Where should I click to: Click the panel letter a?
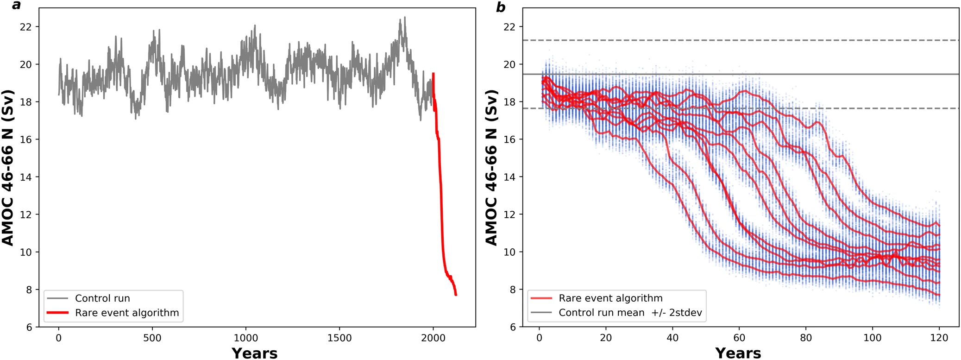(17, 6)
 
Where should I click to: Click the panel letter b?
(501, 7)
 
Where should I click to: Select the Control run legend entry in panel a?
(102, 298)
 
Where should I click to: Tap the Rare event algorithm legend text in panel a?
(127, 313)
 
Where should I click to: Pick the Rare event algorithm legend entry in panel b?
(610, 298)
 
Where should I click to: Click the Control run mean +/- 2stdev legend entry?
(630, 312)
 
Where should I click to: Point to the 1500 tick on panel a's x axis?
(339, 338)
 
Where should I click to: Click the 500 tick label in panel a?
(152, 338)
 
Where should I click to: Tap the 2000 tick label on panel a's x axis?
(433, 338)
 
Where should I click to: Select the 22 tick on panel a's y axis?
(26, 27)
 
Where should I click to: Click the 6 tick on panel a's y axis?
(29, 327)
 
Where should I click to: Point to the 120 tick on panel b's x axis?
(939, 338)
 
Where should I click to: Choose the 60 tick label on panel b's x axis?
(739, 338)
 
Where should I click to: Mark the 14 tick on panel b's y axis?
(509, 177)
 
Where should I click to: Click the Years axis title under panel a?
(254, 353)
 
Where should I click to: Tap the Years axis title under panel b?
(738, 353)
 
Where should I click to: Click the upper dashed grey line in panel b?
(741, 40)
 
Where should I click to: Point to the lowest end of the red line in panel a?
(456, 295)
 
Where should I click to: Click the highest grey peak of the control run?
(405, 18)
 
